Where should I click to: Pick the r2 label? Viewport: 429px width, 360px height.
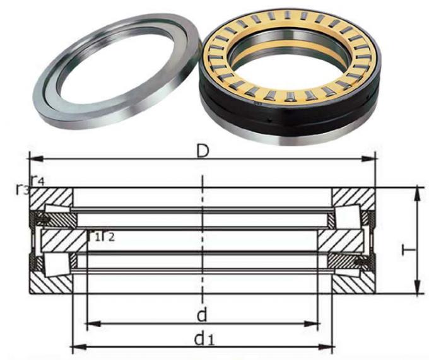(x=107, y=236)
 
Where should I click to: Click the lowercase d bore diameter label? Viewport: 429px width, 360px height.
(x=202, y=313)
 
